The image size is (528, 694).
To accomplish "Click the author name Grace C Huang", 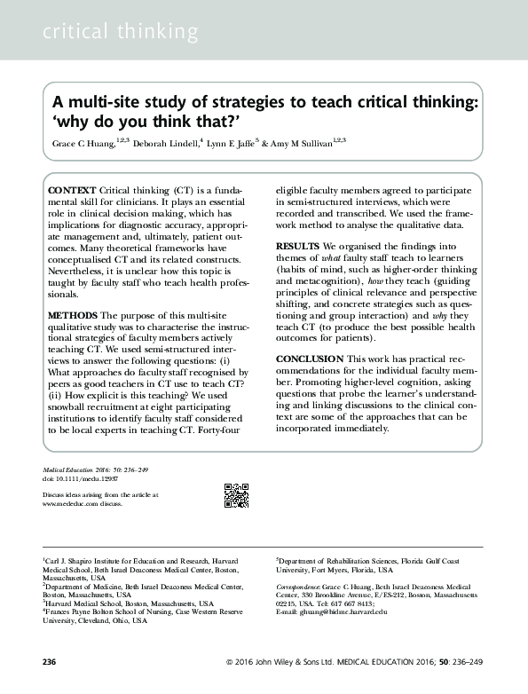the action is pyautogui.click(x=79, y=143).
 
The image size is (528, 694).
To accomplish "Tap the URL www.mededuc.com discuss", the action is pyautogui.click(x=83, y=503).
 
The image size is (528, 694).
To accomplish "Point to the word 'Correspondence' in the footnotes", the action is pyautogui.click(x=298, y=587).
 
